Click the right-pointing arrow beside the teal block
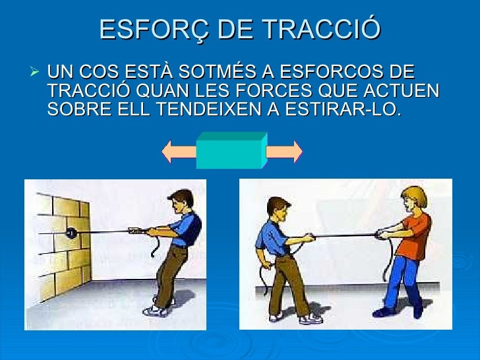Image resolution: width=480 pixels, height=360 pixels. point(284,152)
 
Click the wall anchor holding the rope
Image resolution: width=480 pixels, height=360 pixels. point(71,232)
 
